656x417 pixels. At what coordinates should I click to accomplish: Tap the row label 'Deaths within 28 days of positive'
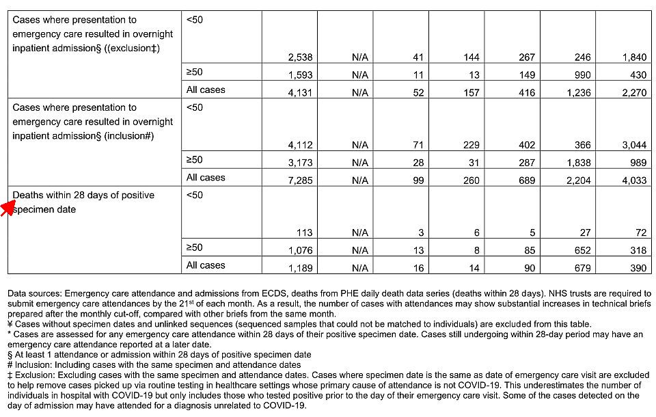coord(83,196)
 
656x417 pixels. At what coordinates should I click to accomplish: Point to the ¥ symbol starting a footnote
coord(10,324)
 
